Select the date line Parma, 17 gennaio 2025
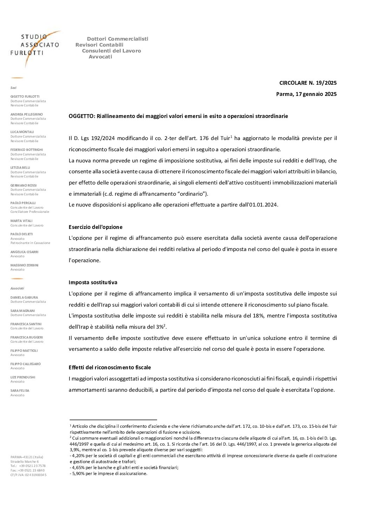(306, 94)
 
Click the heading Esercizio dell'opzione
(95, 227)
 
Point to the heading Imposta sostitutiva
(93, 282)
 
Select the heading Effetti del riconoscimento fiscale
(110, 368)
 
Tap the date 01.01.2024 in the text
(263, 205)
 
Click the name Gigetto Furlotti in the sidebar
(25, 97)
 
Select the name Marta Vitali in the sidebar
(21, 221)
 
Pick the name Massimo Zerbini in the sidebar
(25, 265)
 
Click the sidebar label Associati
(17, 288)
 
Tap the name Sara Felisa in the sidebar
(20, 391)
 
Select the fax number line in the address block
(27, 470)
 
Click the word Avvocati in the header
(100, 57)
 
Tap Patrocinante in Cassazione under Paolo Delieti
(30, 243)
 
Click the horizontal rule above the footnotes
(113, 419)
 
